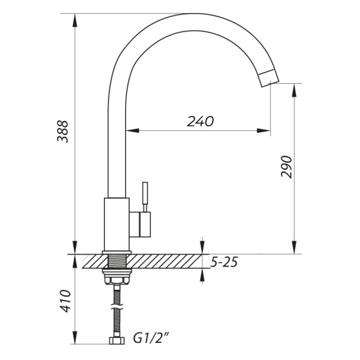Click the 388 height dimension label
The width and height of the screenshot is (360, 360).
pyautogui.click(x=62, y=132)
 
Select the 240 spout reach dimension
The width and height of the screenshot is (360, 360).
pyautogui.click(x=200, y=121)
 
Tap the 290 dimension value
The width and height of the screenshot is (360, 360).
pyautogui.click(x=287, y=167)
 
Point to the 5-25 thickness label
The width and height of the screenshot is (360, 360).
pyautogui.click(x=224, y=262)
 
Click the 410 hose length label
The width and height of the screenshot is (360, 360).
pyautogui.click(x=65, y=301)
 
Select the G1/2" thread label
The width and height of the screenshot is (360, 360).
pyautogui.click(x=151, y=338)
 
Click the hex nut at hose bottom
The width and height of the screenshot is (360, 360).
pyautogui.click(x=117, y=340)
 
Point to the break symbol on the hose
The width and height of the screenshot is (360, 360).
pyautogui.click(x=117, y=306)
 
